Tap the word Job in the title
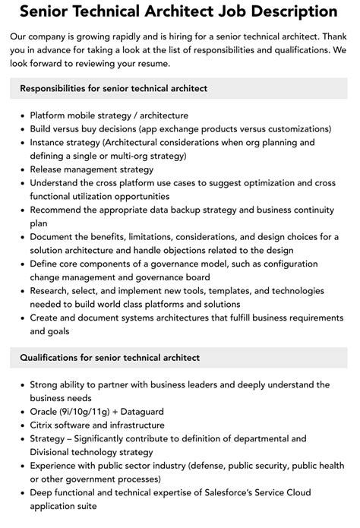pyautogui.click(x=215, y=12)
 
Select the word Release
pyautogui.click(x=48, y=169)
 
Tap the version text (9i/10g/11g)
pyautogui.click(x=96, y=411)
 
